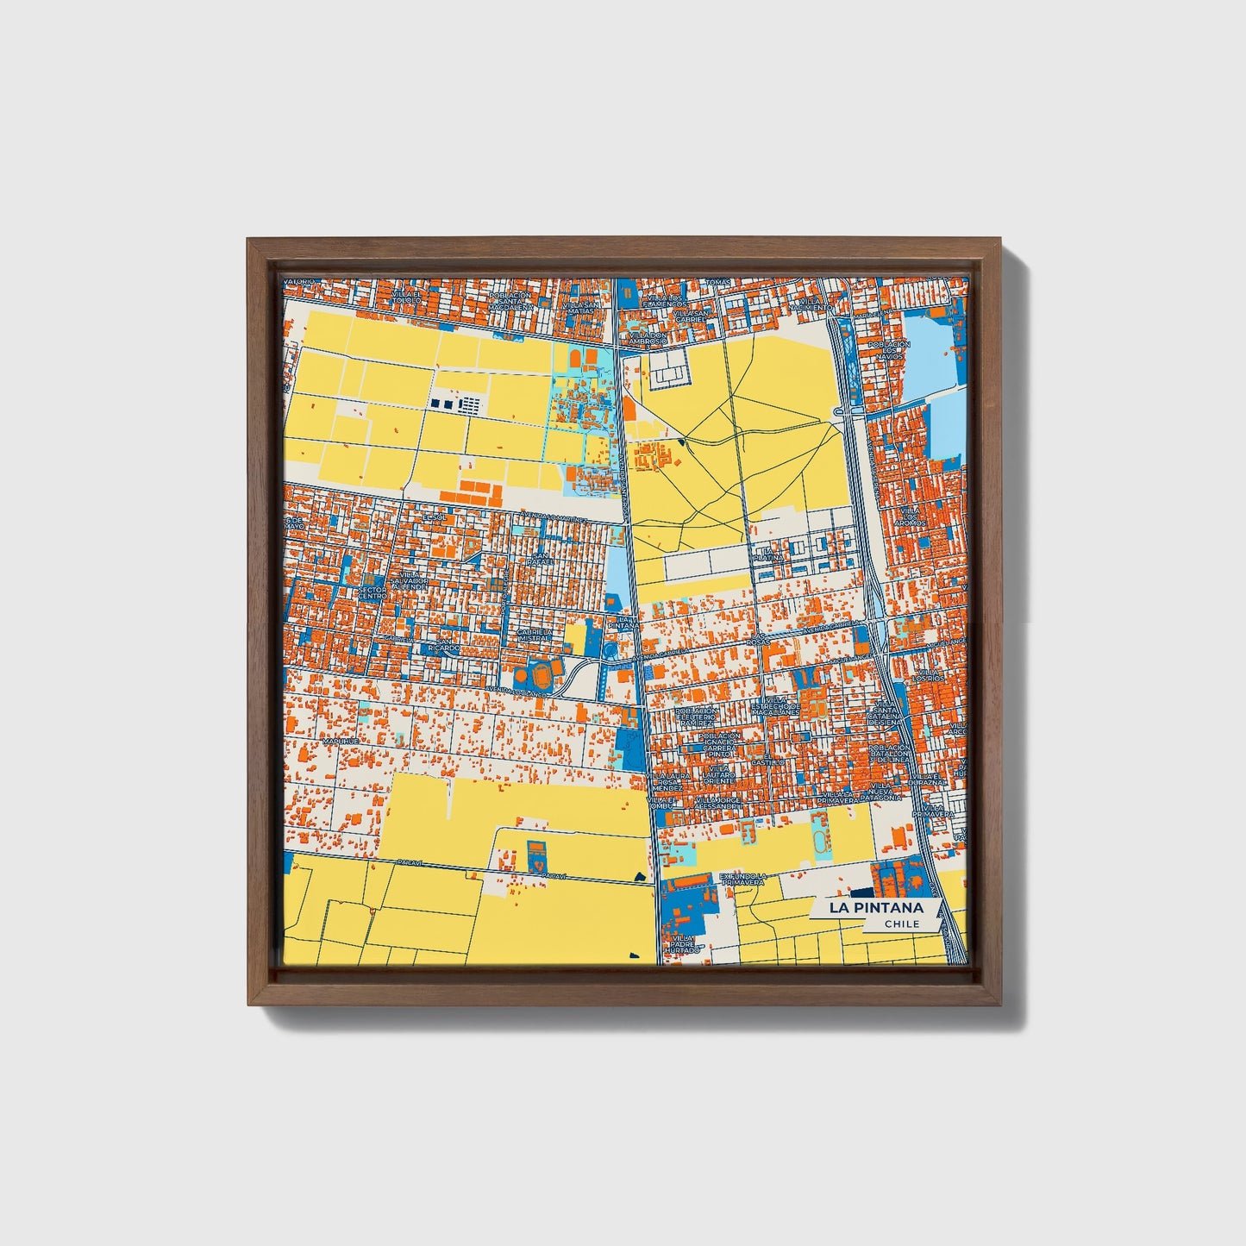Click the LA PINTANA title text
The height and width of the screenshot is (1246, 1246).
(x=875, y=908)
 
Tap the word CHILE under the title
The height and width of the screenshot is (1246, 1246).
(x=901, y=924)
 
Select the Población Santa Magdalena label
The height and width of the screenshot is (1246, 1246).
(x=506, y=298)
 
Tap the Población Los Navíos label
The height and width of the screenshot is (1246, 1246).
(x=889, y=350)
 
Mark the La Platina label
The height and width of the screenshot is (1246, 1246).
(x=768, y=554)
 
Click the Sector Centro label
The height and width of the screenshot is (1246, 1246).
(x=372, y=593)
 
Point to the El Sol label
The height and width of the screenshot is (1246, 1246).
(x=432, y=517)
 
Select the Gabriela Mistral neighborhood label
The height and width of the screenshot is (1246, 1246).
(x=534, y=636)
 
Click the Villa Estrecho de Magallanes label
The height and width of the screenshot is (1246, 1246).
(x=775, y=707)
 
